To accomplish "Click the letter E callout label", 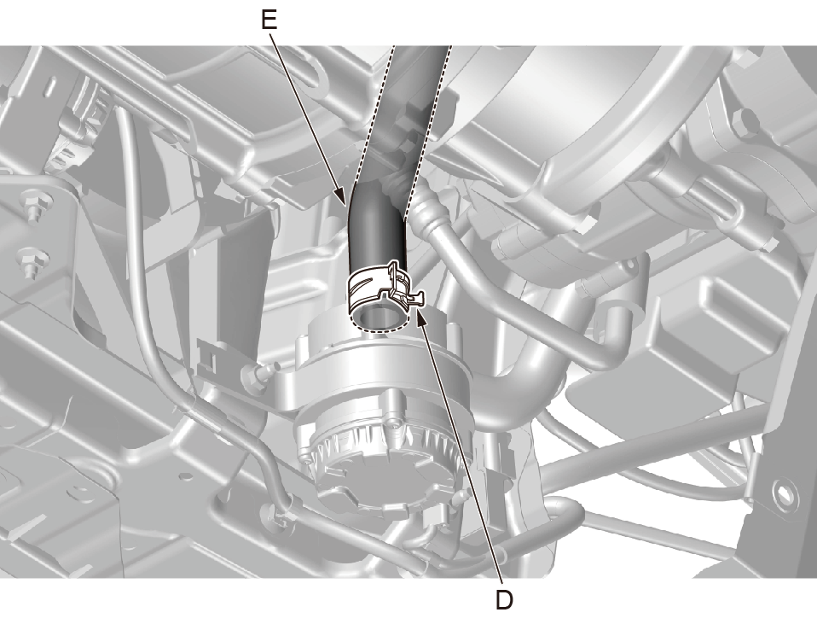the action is [x=269, y=20].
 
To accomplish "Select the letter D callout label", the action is [x=504, y=600].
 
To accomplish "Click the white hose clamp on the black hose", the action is [x=385, y=288].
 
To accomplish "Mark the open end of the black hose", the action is [x=379, y=318].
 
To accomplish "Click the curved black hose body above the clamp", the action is [x=376, y=230].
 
